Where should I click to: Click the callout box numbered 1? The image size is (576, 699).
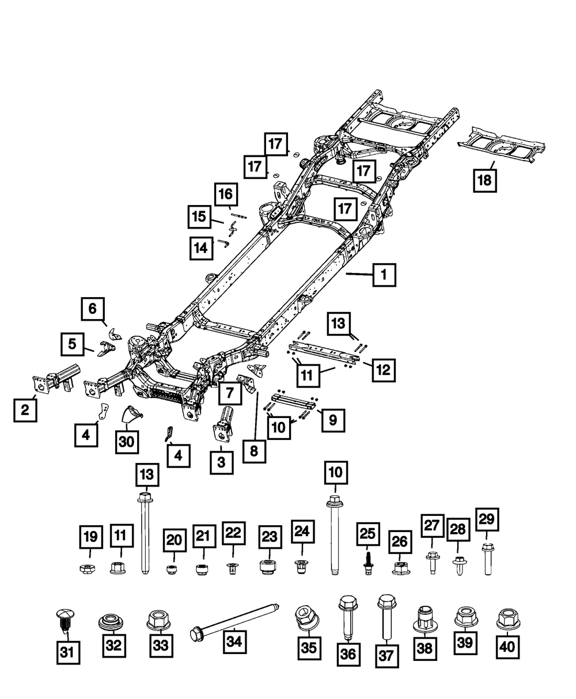click(x=384, y=275)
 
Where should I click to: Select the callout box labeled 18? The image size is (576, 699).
click(x=484, y=180)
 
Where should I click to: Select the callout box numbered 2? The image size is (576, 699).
click(x=25, y=411)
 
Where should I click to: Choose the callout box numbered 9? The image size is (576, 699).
click(x=333, y=421)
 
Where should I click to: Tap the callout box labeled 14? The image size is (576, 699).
click(x=200, y=248)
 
